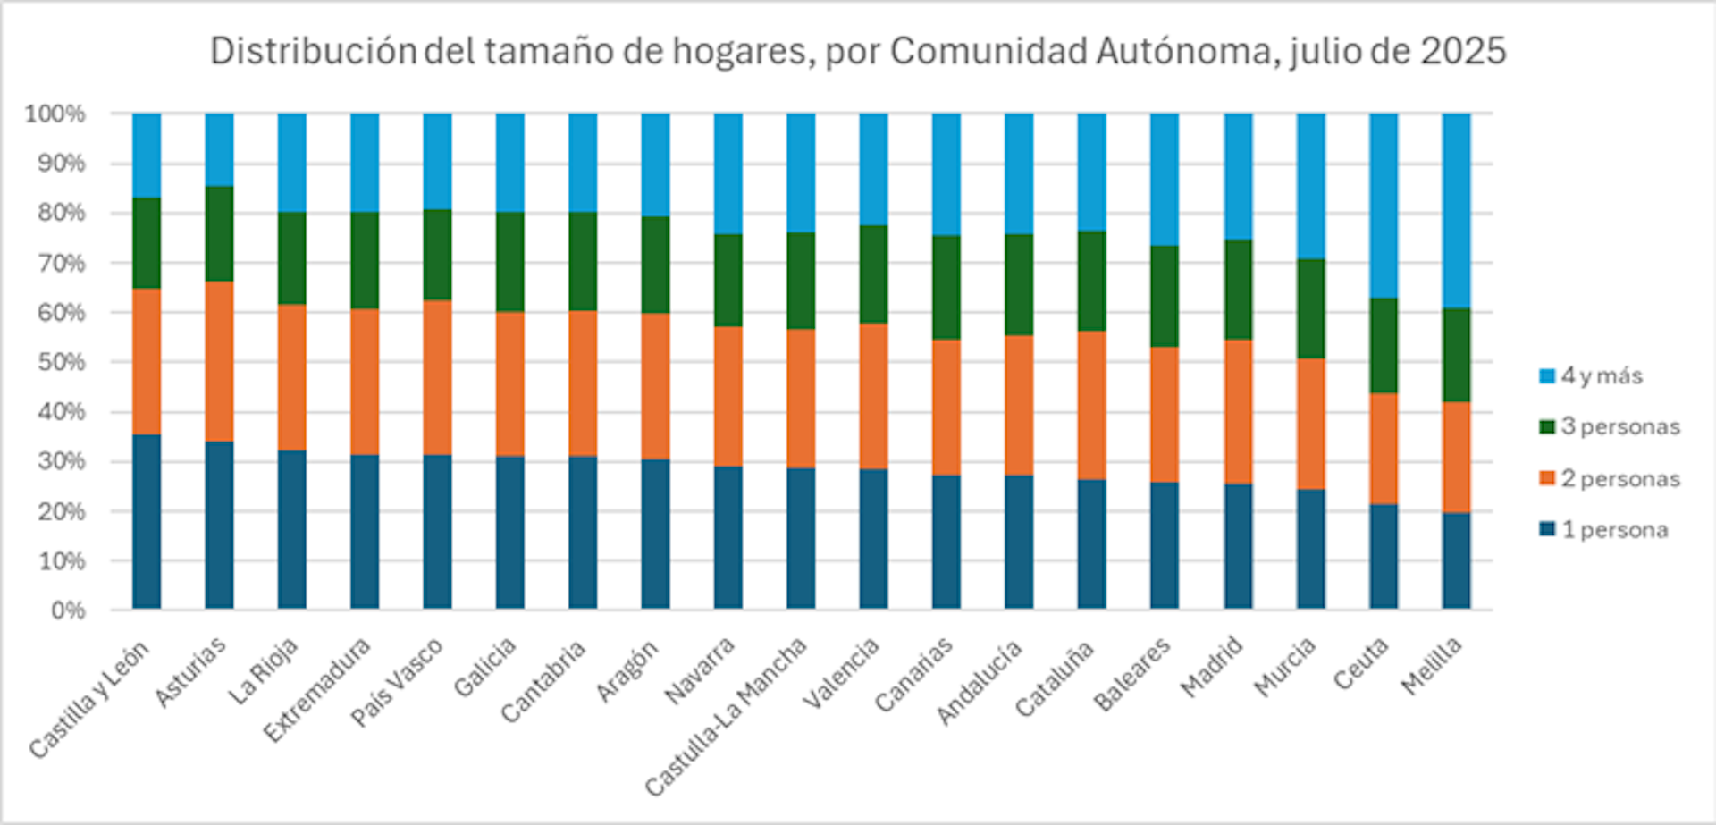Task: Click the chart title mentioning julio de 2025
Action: click(x=858, y=52)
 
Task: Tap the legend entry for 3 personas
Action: click(x=1619, y=427)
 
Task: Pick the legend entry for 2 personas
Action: click(x=1619, y=479)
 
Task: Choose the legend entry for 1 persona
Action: click(x=1614, y=530)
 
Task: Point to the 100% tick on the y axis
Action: click(x=55, y=114)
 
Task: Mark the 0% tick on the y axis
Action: click(x=67, y=611)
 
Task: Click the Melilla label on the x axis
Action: click(x=1432, y=665)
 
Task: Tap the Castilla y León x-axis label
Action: click(x=89, y=699)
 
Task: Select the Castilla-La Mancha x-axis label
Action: click(x=726, y=715)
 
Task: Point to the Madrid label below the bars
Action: click(x=1211, y=667)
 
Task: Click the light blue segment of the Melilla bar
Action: click(x=1456, y=210)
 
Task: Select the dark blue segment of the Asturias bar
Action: click(x=219, y=526)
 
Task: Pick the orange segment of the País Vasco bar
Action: click(x=437, y=377)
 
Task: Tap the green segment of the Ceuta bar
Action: click(x=1383, y=345)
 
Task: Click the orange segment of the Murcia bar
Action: click(x=1310, y=424)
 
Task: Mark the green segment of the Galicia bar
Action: click(x=510, y=262)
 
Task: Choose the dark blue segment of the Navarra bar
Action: click(x=728, y=537)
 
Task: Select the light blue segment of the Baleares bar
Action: click(x=1165, y=179)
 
